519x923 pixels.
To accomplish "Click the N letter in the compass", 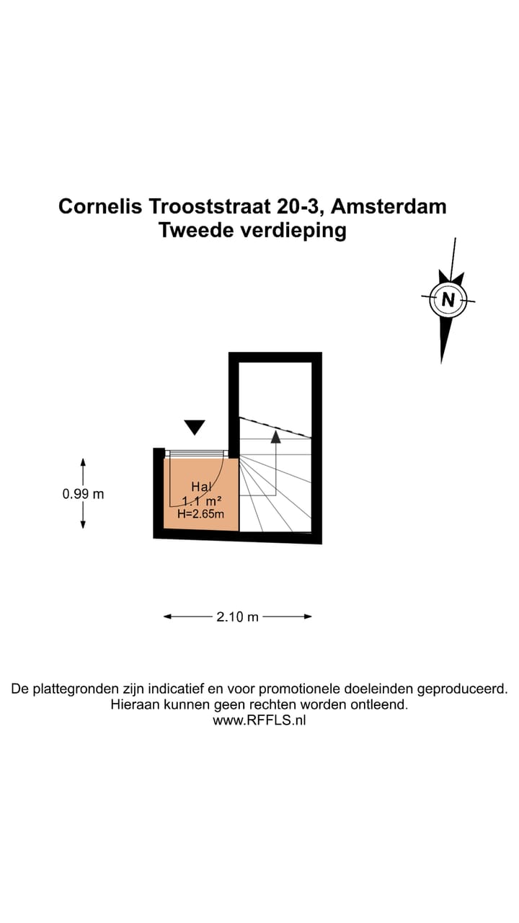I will [448, 299].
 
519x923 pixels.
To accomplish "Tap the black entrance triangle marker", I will [194, 427].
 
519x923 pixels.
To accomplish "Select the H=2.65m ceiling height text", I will [200, 514].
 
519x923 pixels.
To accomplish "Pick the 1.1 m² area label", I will [201, 501].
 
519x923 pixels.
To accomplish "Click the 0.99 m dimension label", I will [83, 494].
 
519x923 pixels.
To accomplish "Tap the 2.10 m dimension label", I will [237, 617].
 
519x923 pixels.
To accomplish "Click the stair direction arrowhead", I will [275, 436].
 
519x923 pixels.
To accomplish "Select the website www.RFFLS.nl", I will [259, 720].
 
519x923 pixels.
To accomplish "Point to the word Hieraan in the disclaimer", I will [135, 705].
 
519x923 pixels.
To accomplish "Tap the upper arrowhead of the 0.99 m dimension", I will [83, 461].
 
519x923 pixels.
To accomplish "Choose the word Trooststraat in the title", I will [210, 206].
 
